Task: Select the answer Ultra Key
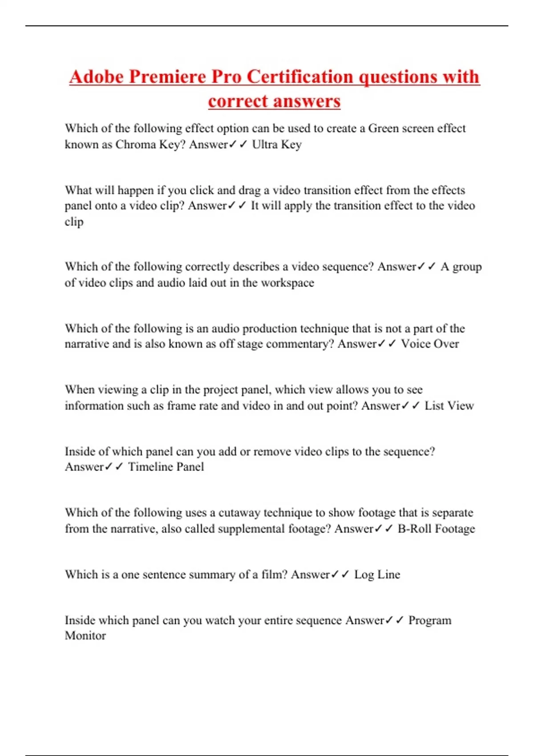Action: (277, 145)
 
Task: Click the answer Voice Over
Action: (429, 344)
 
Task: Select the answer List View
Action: (449, 406)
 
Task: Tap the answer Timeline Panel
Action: (166, 467)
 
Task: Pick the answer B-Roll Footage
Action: (436, 529)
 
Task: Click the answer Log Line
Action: (377, 575)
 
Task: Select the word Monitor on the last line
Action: (85, 636)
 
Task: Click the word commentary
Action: (299, 344)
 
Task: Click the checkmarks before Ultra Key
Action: (238, 145)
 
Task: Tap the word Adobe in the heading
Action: (96, 76)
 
